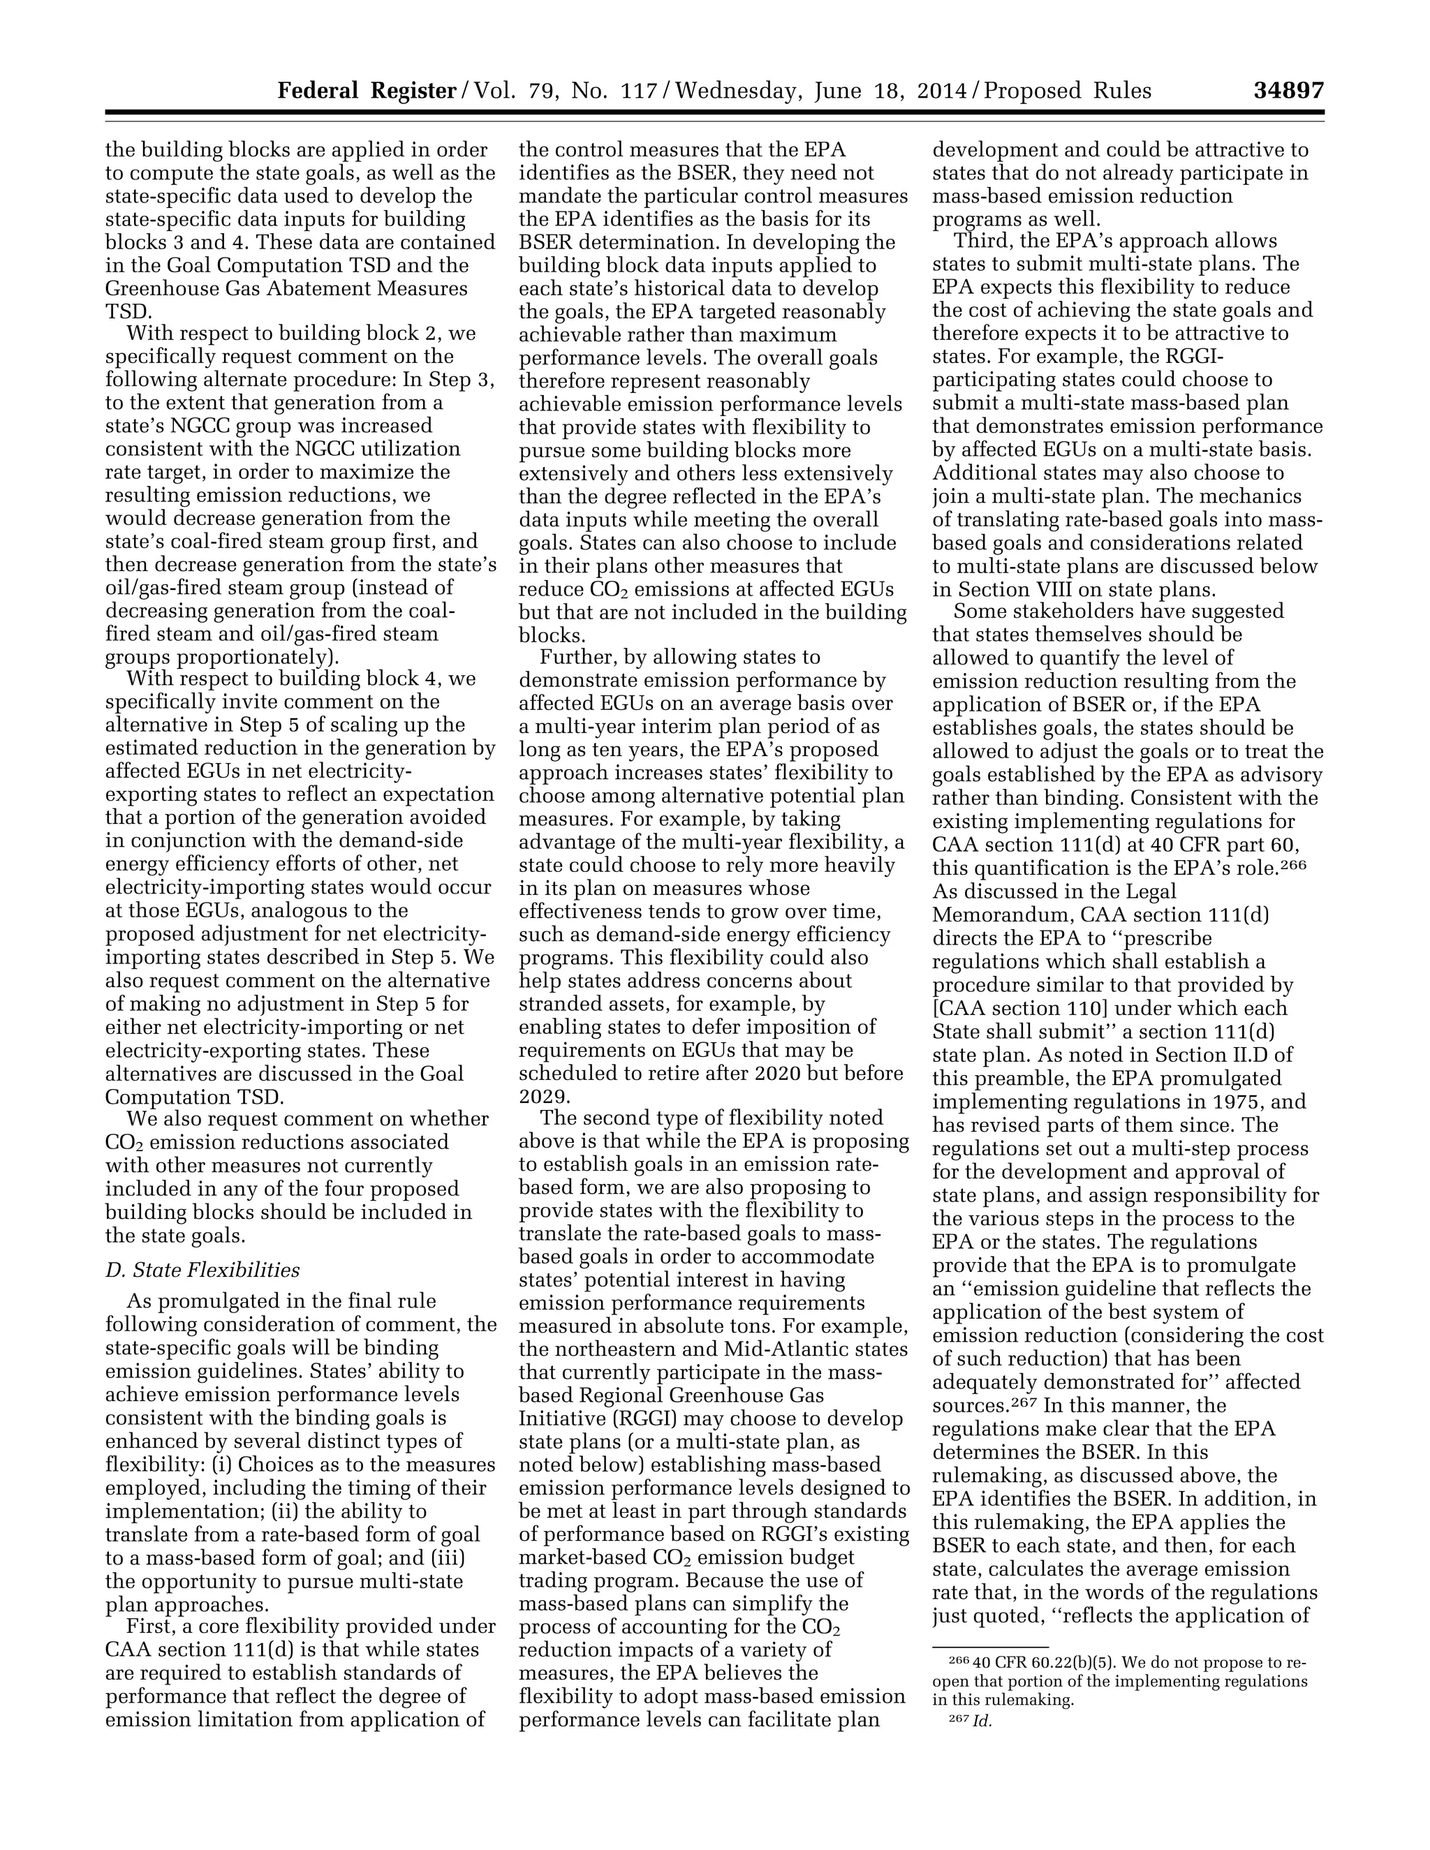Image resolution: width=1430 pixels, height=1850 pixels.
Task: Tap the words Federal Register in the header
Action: point(367,91)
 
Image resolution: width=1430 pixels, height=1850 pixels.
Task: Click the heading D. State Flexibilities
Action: point(202,1270)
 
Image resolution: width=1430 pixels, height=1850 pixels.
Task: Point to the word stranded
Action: point(566,1005)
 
